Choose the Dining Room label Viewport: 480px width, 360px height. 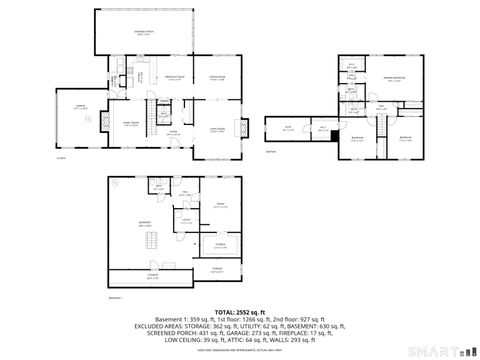[x=215, y=78]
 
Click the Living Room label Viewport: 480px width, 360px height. [x=215, y=128]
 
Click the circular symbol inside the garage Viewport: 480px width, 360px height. [x=88, y=118]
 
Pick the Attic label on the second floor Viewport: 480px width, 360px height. [x=288, y=128]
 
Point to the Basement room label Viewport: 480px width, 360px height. [x=147, y=225]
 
